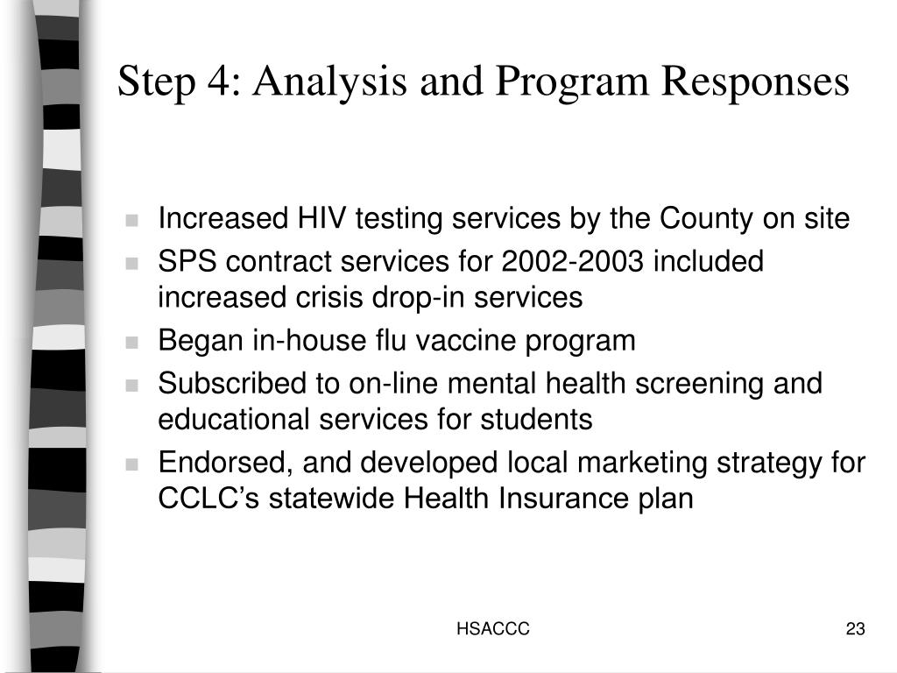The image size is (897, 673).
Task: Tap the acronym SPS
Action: (182, 262)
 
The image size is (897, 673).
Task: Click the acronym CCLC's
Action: (209, 498)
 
